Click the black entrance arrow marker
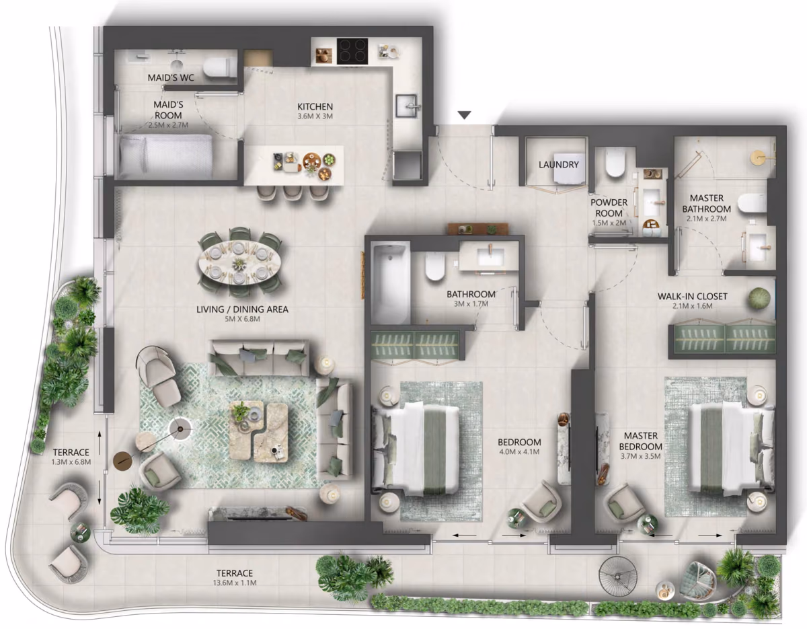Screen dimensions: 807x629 coord(464,115)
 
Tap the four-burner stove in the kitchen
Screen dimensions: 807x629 coord(352,51)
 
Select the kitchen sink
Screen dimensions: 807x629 coord(408,106)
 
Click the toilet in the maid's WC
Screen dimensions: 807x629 coord(220,68)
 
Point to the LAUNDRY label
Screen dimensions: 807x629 coord(559,165)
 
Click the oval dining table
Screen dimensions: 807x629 coord(240,262)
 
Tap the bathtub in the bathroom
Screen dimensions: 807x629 coord(390,284)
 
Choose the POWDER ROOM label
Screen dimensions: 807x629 coord(609,208)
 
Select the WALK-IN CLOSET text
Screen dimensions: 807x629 coord(692,297)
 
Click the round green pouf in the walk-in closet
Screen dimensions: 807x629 coord(759,297)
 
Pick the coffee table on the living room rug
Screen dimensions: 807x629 coord(258,431)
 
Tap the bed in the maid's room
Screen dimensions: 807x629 coord(165,157)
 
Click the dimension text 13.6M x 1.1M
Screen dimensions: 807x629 coord(235,583)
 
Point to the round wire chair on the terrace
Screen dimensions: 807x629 coord(617,577)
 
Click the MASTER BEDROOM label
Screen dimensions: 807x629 coord(641,441)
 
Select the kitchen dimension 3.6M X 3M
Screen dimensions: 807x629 coord(315,116)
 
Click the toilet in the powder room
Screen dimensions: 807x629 coord(614,162)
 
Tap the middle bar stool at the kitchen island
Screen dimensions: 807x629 coord(293,192)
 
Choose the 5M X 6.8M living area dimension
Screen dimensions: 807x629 coord(243,319)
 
